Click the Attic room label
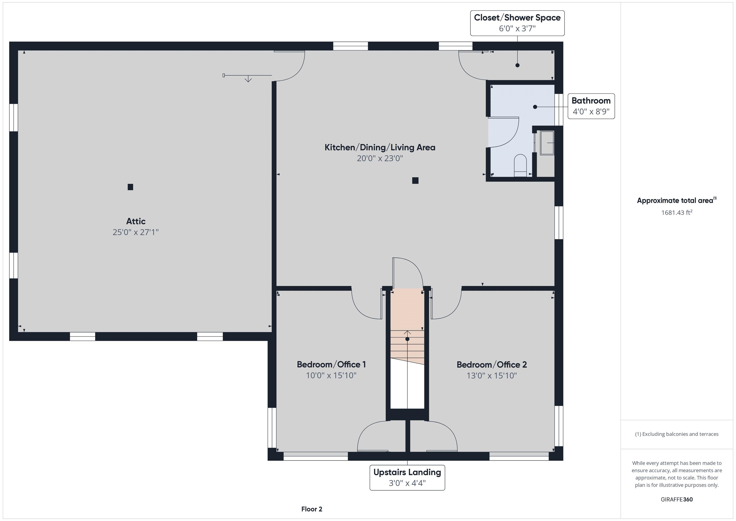[x=136, y=221]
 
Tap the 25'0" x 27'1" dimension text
[x=136, y=232]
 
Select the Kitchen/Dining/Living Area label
[x=380, y=147]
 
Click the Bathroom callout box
[x=591, y=106]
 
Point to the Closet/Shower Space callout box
[x=517, y=23]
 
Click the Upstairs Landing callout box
[x=407, y=477]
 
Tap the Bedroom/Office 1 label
[x=331, y=364]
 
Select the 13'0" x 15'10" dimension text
[x=491, y=375]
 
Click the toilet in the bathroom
[x=520, y=165]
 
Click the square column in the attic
[x=130, y=187]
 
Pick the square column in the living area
[x=415, y=180]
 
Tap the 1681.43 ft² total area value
[x=676, y=212]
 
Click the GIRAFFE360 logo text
[x=676, y=499]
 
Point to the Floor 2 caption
[x=312, y=509]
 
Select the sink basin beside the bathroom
[x=547, y=143]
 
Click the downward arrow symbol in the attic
[x=248, y=79]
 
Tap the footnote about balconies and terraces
[x=676, y=434]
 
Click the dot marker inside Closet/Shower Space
[x=517, y=65]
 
